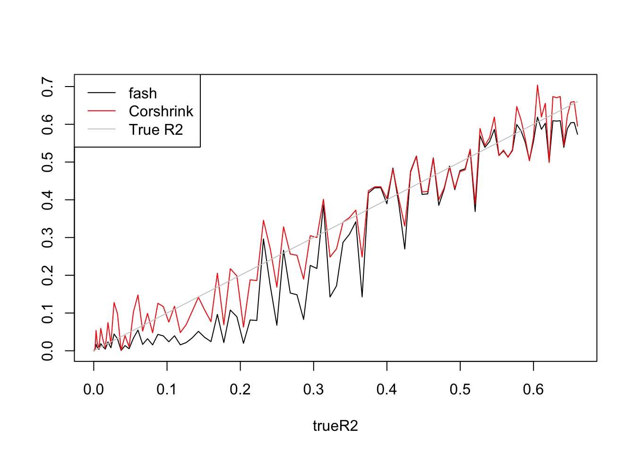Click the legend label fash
[143, 94]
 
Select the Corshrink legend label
[161, 111]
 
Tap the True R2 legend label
[156, 130]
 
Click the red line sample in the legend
[102, 111]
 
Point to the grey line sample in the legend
[102, 129]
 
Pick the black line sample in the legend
[102, 93]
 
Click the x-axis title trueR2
[335, 426]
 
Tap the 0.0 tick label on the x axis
[94, 390]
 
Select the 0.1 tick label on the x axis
[167, 390]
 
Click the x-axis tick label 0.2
[240, 390]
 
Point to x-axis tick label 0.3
[314, 390]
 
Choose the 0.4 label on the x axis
[387, 390]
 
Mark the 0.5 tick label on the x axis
[460, 390]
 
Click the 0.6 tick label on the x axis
[533, 390]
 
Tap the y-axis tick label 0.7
[48, 87]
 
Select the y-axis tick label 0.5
[48, 162]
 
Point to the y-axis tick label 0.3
[48, 237]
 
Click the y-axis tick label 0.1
[48, 313]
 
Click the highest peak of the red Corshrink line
[537, 85]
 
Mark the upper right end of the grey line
[577, 101]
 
